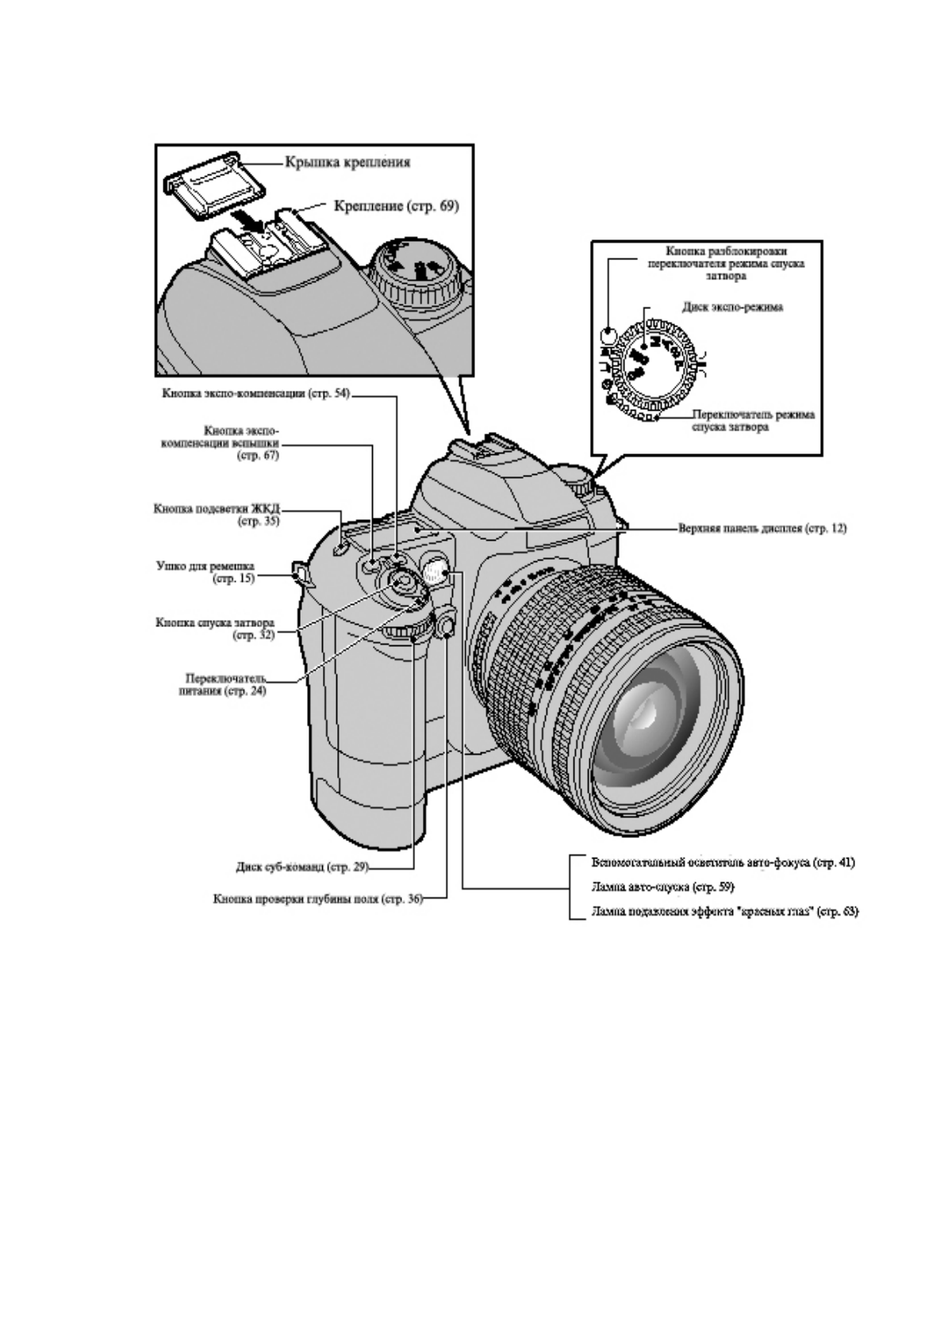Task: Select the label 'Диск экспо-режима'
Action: click(732, 307)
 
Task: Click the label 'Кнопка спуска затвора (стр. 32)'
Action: click(215, 629)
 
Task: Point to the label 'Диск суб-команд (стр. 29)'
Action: click(302, 867)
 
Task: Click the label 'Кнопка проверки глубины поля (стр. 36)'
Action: click(317, 900)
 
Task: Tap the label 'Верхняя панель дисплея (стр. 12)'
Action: click(762, 527)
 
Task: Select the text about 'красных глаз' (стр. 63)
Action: click(724, 912)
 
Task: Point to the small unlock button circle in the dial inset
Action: click(609, 335)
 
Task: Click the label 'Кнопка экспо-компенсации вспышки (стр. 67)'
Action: click(241, 442)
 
